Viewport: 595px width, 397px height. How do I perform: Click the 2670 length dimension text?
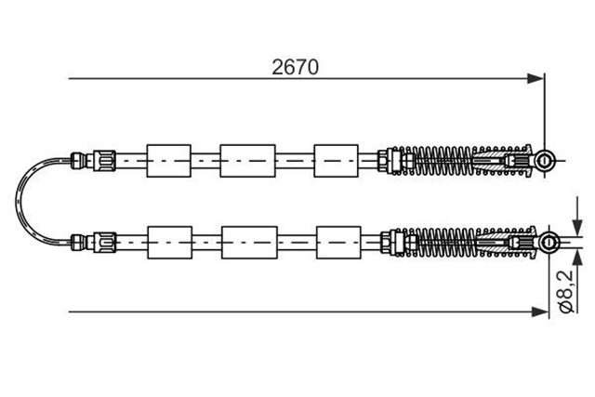(296, 67)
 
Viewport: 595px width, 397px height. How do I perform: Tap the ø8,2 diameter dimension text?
(566, 291)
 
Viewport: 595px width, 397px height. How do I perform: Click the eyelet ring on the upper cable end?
(544, 161)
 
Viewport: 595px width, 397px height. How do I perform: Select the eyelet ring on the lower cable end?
(549, 242)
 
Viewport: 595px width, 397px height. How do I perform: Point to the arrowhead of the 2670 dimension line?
(535, 79)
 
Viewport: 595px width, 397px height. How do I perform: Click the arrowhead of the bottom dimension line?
(540, 312)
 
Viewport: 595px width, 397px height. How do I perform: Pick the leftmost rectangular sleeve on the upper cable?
(169, 161)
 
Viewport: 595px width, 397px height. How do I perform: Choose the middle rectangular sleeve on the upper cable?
(248, 161)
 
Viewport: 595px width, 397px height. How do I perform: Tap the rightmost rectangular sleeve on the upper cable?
(337, 161)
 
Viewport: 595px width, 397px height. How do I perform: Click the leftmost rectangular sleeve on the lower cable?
(170, 243)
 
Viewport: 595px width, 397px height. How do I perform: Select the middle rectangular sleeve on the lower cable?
(249, 243)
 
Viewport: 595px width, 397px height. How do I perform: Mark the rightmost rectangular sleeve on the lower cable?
(338, 243)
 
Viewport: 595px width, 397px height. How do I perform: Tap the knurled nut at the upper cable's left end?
(101, 160)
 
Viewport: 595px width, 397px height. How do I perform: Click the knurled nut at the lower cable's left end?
(101, 242)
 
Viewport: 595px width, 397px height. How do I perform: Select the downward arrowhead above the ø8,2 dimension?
(577, 228)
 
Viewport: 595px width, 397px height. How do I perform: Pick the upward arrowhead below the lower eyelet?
(577, 258)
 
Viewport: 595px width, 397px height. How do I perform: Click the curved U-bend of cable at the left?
(17, 201)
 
